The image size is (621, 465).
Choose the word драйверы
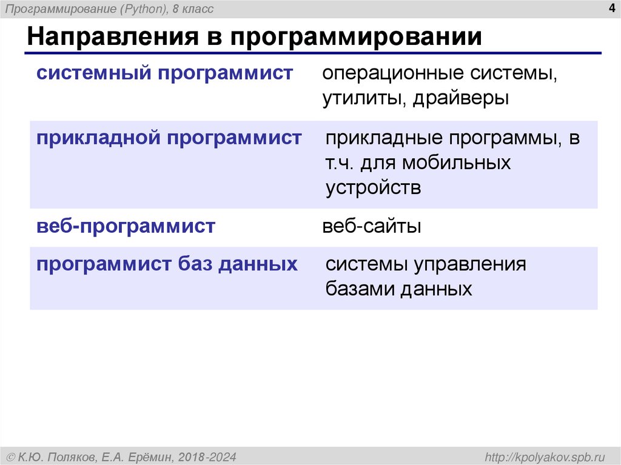point(461,98)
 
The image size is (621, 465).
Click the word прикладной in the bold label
point(98,138)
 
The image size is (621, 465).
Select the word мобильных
point(456,164)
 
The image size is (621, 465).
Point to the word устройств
point(373,188)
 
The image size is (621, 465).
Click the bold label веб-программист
point(126,227)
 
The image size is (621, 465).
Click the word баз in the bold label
point(195,264)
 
